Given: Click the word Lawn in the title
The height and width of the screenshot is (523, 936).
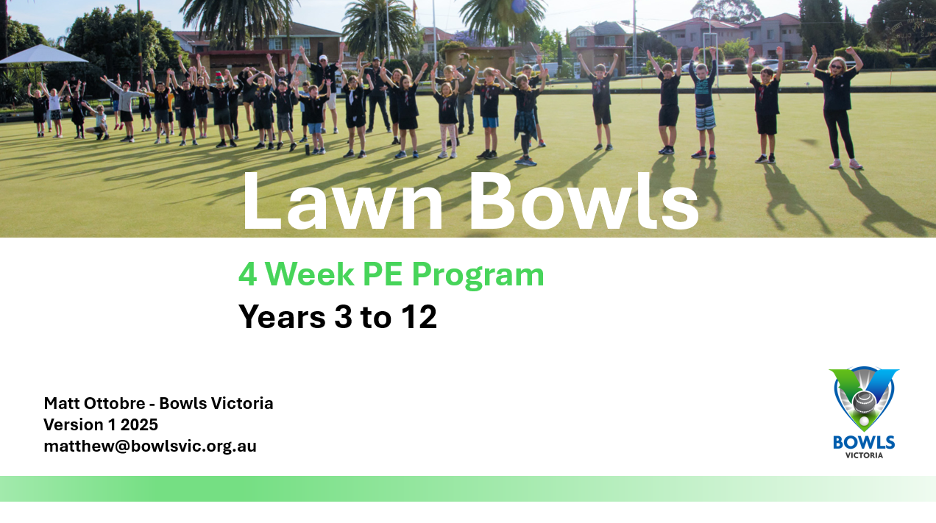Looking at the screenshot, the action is (x=343, y=202).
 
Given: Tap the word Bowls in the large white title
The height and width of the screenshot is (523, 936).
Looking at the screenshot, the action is (x=584, y=201).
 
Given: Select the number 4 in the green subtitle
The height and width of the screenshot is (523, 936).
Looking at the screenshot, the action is (x=247, y=274).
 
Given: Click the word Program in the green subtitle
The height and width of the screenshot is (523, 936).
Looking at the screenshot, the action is (x=478, y=277).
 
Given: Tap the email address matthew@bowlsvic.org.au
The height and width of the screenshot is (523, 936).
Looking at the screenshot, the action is (x=150, y=446).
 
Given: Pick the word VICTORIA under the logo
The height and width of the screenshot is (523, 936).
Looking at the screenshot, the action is (x=864, y=455).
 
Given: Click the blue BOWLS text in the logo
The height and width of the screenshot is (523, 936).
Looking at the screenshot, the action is (x=864, y=443).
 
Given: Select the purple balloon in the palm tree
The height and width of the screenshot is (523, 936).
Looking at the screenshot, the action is (x=519, y=5).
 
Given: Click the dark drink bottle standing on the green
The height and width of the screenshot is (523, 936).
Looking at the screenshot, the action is (x=308, y=150).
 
